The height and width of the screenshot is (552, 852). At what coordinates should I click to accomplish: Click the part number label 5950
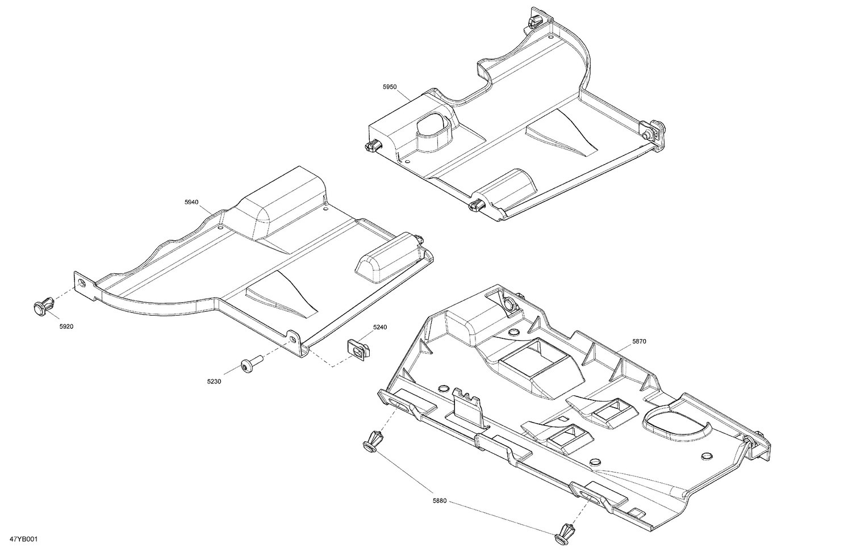[x=390, y=87]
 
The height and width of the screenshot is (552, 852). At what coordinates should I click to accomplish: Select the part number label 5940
[x=191, y=202]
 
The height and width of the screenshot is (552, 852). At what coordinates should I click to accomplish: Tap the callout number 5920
[x=66, y=327]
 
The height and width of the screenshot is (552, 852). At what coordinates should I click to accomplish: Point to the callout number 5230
[x=214, y=382]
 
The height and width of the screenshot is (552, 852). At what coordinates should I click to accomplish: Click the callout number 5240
[x=380, y=327]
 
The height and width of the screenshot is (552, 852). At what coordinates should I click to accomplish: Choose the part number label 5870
[x=638, y=341]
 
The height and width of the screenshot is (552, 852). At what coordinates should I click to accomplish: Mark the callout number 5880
[x=440, y=501]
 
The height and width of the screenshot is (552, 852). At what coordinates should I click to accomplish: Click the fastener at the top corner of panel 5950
[x=534, y=22]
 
